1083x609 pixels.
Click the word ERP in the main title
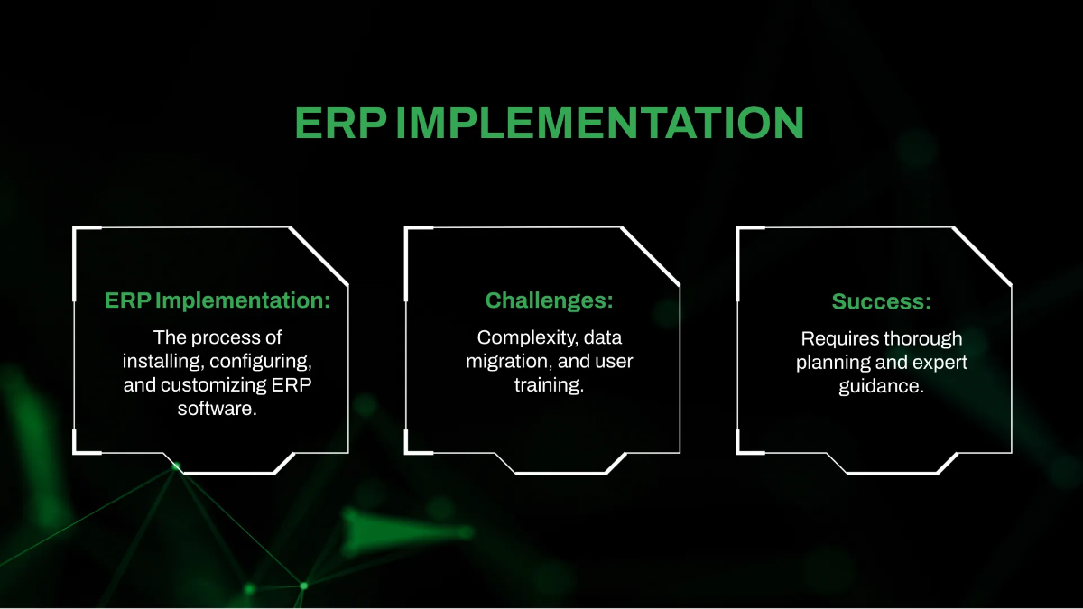pyautogui.click(x=340, y=123)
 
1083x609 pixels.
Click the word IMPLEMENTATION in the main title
pyautogui.click(x=599, y=123)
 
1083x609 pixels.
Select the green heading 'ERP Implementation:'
pyautogui.click(x=218, y=300)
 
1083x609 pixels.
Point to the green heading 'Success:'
pyautogui.click(x=881, y=300)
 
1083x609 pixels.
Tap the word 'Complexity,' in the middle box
pyautogui.click(x=527, y=338)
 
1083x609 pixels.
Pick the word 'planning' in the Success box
pyautogui.click(x=830, y=362)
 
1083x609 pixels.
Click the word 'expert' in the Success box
pyautogui.click(x=937, y=362)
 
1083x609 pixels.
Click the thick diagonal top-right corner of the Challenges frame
pyautogui.click(x=650, y=255)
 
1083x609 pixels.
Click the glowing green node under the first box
pyautogui.click(x=177, y=466)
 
